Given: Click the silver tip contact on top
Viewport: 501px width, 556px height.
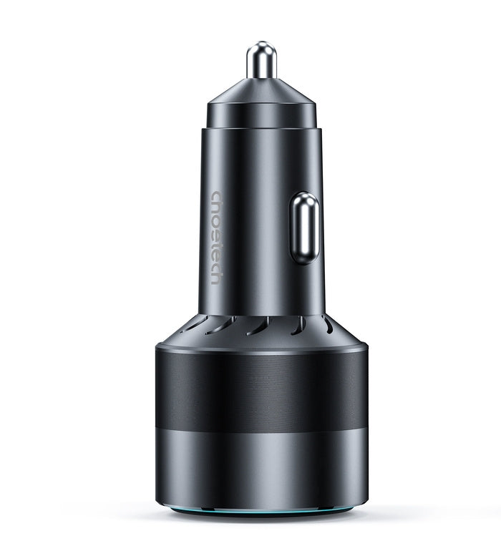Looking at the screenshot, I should [261, 60].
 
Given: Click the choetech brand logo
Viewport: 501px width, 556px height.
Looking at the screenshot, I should [217, 237].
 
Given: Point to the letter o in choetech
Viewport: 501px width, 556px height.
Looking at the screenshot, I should [217, 220].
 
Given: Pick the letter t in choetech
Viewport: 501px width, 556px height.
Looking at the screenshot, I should [217, 243].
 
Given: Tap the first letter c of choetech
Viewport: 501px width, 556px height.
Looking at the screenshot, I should [217, 195].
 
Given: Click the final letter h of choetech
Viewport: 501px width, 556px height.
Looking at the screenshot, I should [217, 277].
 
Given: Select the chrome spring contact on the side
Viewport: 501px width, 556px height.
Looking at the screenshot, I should [303, 228].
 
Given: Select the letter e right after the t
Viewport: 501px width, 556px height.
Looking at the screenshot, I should [217, 253].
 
